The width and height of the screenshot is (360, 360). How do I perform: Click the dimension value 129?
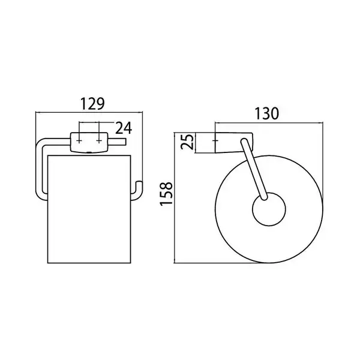pyautogui.click(x=92, y=104)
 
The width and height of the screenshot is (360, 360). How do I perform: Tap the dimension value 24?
pyautogui.click(x=124, y=128)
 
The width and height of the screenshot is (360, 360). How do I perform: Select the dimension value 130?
pyautogui.click(x=267, y=113)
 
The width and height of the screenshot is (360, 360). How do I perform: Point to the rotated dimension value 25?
pyautogui.click(x=187, y=142)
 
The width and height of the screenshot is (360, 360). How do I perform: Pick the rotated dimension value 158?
pyautogui.click(x=166, y=194)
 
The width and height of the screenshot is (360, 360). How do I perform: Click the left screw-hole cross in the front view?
pyautogui.click(x=79, y=141)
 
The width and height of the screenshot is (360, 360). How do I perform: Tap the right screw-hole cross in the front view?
pyautogui.click(x=99, y=141)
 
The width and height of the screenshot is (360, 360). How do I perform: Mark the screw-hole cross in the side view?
pyautogui.click(x=215, y=140)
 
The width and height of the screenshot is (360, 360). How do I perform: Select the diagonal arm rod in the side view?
pyautogui.click(x=254, y=169)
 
